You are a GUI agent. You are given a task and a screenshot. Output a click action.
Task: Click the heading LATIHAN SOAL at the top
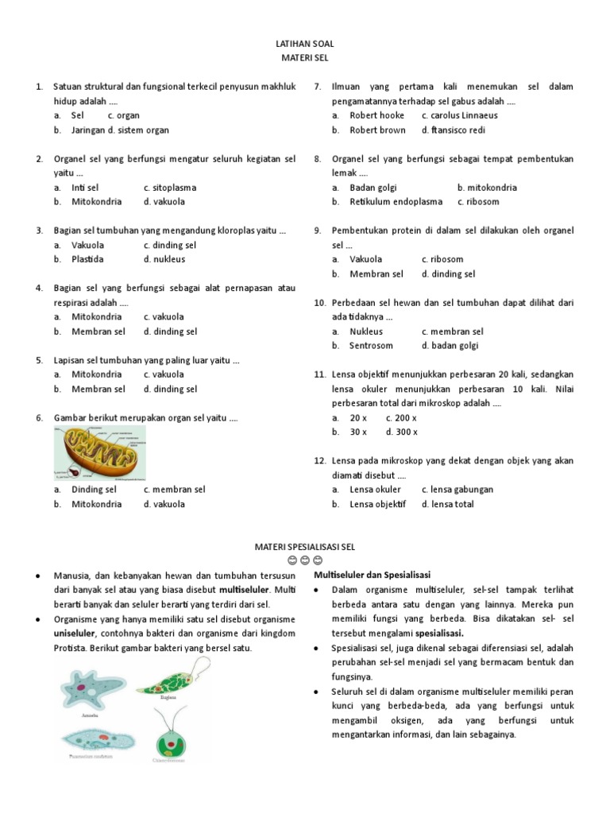coord(305,45)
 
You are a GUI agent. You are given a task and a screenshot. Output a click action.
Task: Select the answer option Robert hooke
coord(376,115)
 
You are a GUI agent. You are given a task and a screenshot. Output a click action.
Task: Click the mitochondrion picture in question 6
coord(99,452)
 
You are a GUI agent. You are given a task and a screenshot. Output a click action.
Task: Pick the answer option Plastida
coord(87,259)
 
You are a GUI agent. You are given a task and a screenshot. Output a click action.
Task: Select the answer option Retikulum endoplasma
coord(396,202)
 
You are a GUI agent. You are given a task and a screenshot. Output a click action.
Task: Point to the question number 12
coord(320,461)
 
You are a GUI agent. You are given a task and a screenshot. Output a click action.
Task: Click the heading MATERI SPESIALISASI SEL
coord(305,548)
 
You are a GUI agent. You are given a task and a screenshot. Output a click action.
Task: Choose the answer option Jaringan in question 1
coord(87,130)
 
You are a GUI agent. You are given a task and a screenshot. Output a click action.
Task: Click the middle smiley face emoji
coord(305,561)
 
